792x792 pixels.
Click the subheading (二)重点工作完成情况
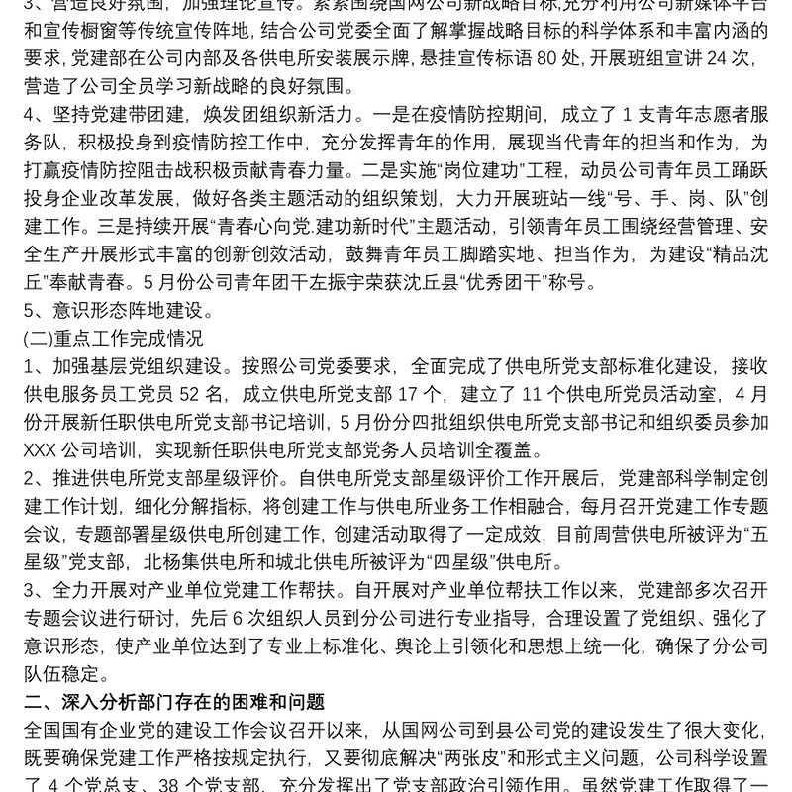tap(113, 339)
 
